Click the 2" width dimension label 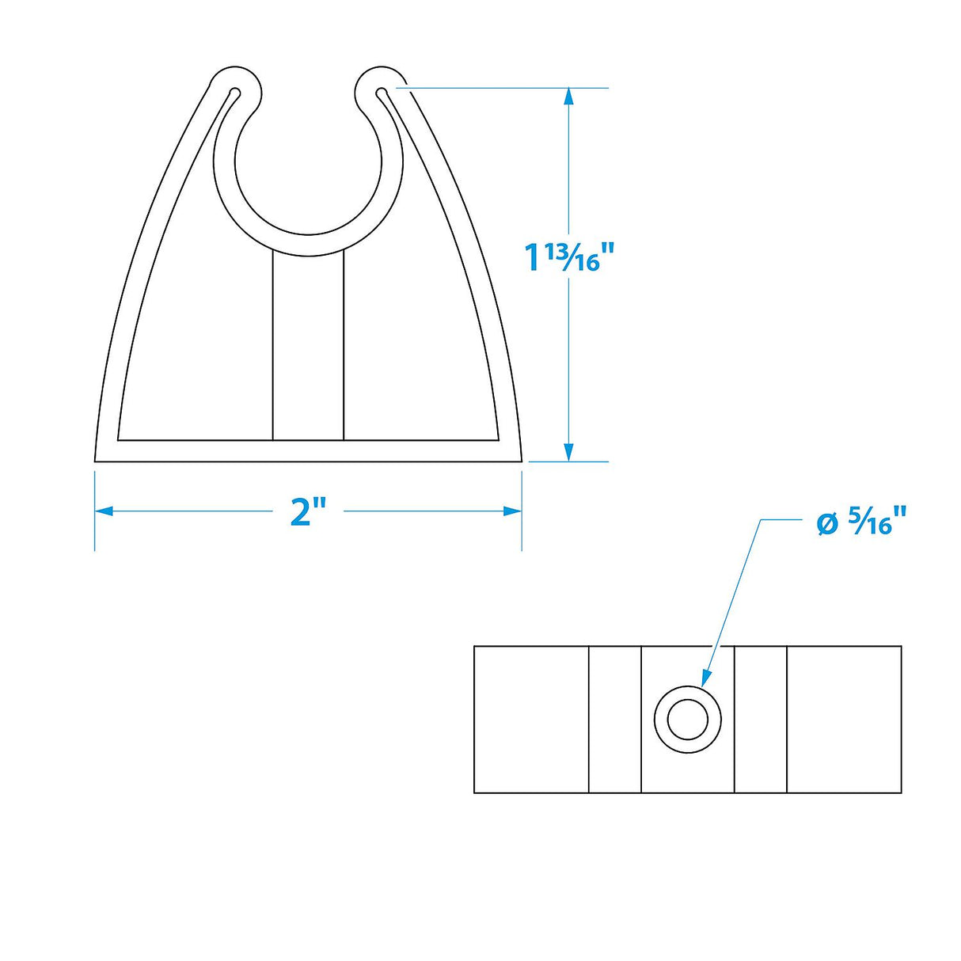[x=308, y=512]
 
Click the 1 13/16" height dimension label [x=569, y=256]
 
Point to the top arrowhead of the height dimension [x=568, y=96]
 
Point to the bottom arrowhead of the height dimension [x=568, y=453]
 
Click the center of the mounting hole [x=687, y=720]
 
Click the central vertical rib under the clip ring [x=308, y=348]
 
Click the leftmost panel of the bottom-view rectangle [x=531, y=720]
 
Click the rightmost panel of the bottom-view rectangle [x=844, y=720]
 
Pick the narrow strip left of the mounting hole [x=615, y=720]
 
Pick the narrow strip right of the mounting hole [x=761, y=720]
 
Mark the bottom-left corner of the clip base [x=97, y=460]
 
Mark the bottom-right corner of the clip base [x=520, y=460]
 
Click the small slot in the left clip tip [x=233, y=95]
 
